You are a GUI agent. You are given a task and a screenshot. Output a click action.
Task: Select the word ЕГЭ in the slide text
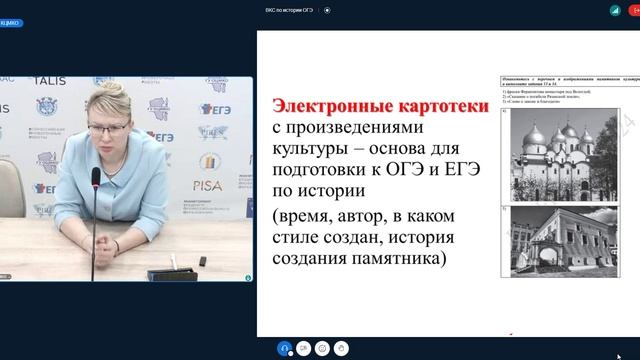click(461, 169)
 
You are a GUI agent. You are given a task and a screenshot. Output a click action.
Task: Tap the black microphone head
click(96, 178)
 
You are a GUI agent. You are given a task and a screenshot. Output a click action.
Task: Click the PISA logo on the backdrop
click(209, 183)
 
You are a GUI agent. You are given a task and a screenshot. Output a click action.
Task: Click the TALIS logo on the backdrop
click(49, 81)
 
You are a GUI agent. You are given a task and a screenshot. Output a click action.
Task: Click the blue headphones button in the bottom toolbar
click(285, 348)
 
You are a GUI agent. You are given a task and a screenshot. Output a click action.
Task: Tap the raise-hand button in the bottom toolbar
click(342, 348)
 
